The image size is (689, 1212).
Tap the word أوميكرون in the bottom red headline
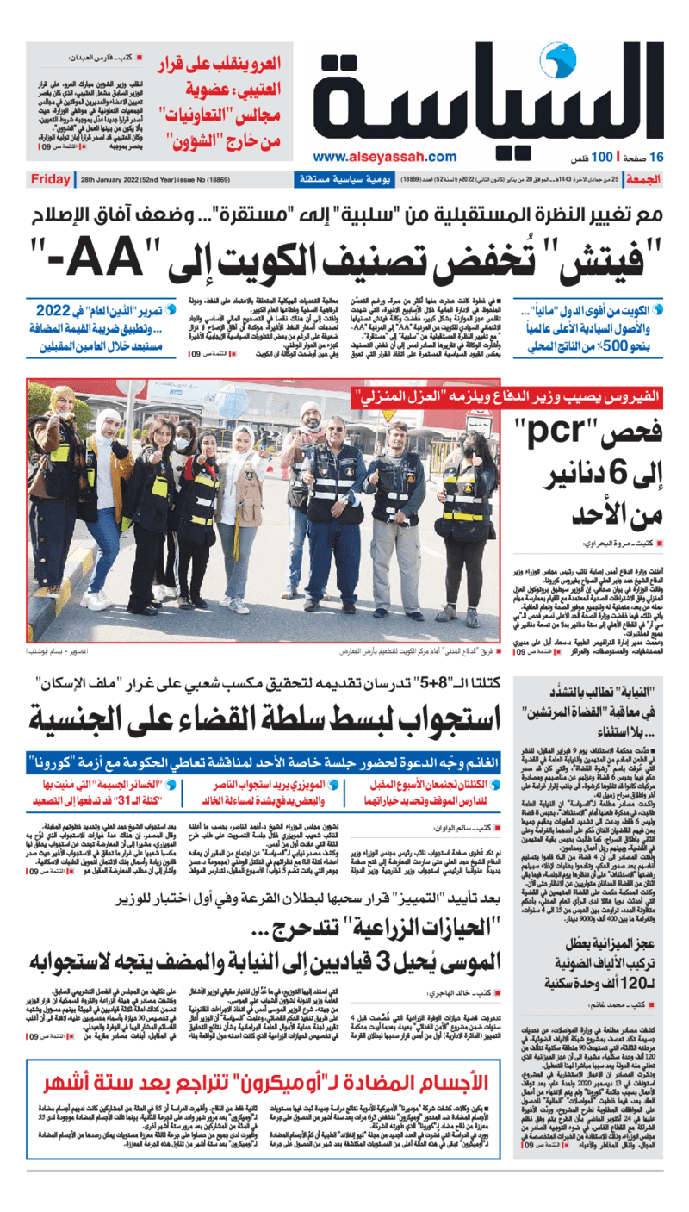(333, 1081)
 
